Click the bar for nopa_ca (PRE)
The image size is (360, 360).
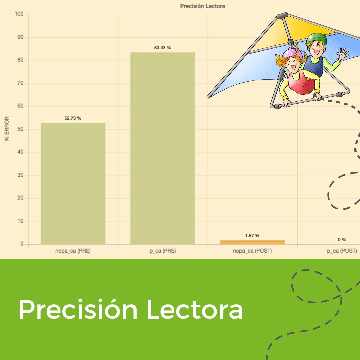tap(73, 183)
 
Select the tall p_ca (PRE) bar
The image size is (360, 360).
tap(163, 148)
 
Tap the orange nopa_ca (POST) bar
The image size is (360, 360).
tap(252, 242)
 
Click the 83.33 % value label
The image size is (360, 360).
tap(163, 48)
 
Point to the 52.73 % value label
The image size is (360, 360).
tap(73, 118)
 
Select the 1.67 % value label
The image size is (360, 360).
tap(252, 236)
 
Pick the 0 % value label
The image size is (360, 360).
tap(342, 239)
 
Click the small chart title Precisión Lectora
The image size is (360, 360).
tap(203, 6)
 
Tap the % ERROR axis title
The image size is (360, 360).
tap(7, 129)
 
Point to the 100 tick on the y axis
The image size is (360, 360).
tap(19, 14)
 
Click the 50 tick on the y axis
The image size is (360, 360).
tap(20, 129)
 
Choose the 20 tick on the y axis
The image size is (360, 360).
tap(20, 198)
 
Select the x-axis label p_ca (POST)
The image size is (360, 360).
tap(342, 251)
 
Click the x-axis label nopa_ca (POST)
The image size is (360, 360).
tap(252, 251)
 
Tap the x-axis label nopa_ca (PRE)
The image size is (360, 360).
tap(73, 251)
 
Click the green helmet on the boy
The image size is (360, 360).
tap(317, 39)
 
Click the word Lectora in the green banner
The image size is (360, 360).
tap(195, 309)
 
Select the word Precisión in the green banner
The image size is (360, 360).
tap(78, 309)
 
